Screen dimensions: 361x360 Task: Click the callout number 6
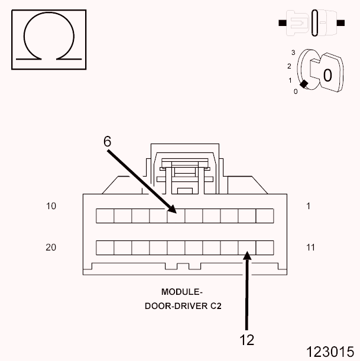pyautogui.click(x=107, y=141)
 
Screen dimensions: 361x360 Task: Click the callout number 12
pyautogui.click(x=247, y=340)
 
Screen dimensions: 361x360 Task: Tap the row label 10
pyautogui.click(x=51, y=206)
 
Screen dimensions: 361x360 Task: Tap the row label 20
pyautogui.click(x=51, y=248)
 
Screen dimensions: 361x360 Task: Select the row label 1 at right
pyautogui.click(x=308, y=206)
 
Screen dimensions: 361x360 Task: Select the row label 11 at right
pyautogui.click(x=310, y=248)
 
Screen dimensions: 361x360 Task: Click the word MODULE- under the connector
pyautogui.click(x=182, y=292)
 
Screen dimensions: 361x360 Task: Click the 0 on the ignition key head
pyautogui.click(x=326, y=75)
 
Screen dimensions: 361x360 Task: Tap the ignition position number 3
pyautogui.click(x=293, y=53)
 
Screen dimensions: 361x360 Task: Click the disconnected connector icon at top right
pyautogui.click(x=312, y=24)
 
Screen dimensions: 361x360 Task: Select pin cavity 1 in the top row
pyautogui.click(x=264, y=216)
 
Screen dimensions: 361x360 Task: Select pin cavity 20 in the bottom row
pyautogui.click(x=105, y=247)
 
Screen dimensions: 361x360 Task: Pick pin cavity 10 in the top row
pyautogui.click(x=105, y=216)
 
